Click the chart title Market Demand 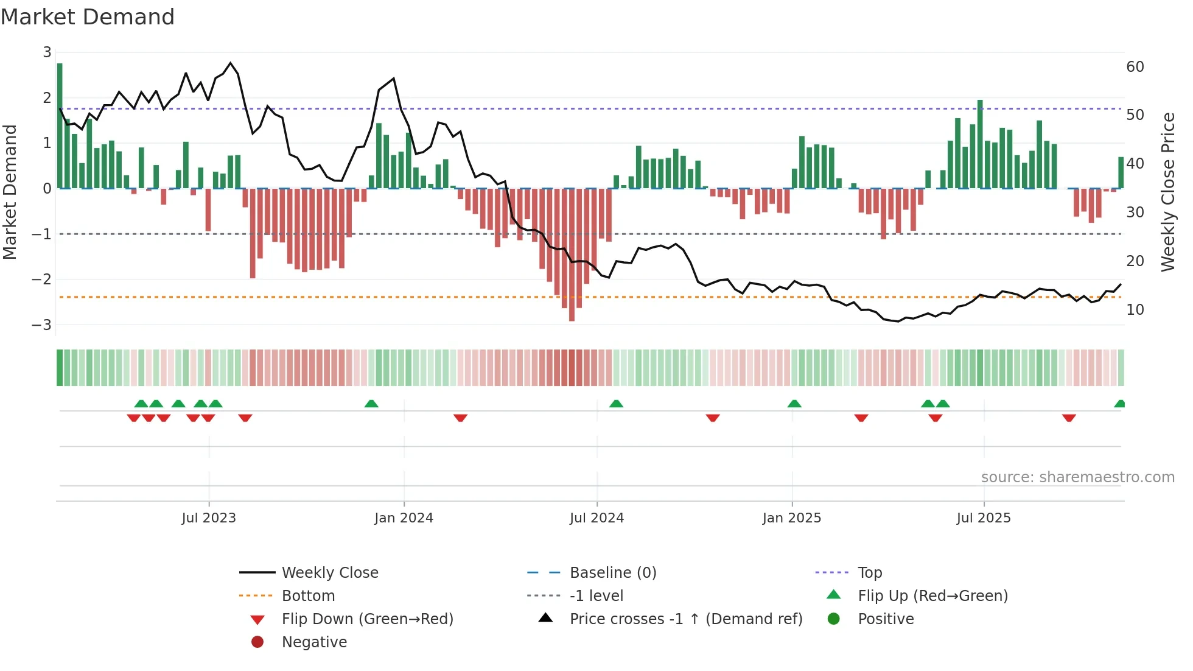88,17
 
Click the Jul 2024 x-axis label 596,518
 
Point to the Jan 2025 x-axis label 791,518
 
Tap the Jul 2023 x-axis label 209,518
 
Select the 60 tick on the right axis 1135,66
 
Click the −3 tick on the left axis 42,325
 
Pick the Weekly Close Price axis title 1167,192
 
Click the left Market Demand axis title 10,192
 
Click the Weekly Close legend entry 329,572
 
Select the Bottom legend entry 308,595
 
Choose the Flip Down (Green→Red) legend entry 367,619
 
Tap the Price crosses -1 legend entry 685,619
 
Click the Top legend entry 869,572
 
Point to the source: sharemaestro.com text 1077,477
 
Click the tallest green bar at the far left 60,125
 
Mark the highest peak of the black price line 230,63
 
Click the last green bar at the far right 1121,173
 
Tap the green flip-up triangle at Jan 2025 794,404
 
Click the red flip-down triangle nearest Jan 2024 460,418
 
